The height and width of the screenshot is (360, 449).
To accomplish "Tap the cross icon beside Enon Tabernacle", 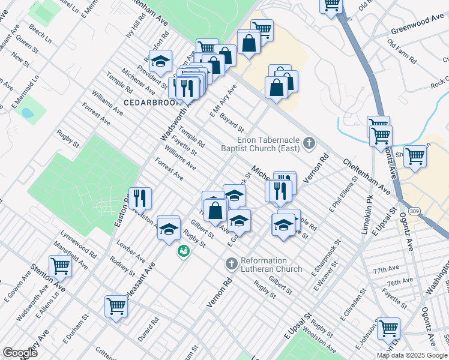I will tap(309, 143).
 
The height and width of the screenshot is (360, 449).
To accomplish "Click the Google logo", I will tap(20, 353).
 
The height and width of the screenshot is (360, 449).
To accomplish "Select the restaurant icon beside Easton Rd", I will tap(140, 197).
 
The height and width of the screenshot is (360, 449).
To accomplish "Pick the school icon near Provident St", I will tap(160, 61).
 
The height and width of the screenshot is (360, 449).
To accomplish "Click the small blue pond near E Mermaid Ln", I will tap(27, 113).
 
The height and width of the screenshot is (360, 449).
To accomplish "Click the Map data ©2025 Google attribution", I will tap(412, 355).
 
